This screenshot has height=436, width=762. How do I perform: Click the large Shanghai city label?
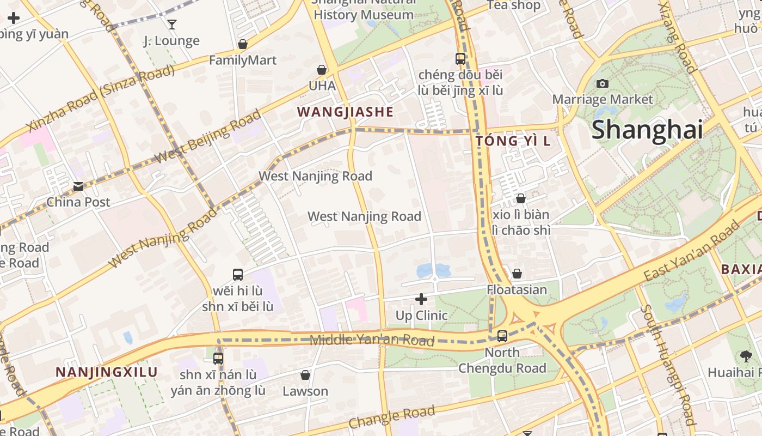(647, 130)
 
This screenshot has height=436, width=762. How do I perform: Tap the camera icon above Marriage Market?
(602, 83)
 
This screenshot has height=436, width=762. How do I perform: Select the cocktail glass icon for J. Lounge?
(172, 24)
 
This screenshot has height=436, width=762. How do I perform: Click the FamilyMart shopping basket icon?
(243, 44)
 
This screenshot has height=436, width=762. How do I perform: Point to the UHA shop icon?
(322, 70)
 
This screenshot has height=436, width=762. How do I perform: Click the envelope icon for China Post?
(78, 186)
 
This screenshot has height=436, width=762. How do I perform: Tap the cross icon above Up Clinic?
(421, 299)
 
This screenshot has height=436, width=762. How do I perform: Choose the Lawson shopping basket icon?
(305, 375)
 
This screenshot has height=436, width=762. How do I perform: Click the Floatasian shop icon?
(517, 273)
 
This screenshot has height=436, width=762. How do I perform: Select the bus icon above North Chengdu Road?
(502, 336)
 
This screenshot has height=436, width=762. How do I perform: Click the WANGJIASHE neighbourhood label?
(345, 112)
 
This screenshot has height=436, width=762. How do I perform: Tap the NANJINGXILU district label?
(107, 372)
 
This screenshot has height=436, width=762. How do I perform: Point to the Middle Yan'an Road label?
(372, 341)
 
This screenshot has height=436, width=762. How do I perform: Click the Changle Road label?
(392, 417)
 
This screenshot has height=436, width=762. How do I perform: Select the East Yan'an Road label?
(691, 253)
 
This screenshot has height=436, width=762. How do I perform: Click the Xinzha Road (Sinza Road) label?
(101, 98)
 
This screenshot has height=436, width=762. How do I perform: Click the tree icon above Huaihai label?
(746, 356)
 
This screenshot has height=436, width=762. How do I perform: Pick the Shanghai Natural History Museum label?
(364, 9)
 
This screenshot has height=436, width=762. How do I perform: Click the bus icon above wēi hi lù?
(238, 275)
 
